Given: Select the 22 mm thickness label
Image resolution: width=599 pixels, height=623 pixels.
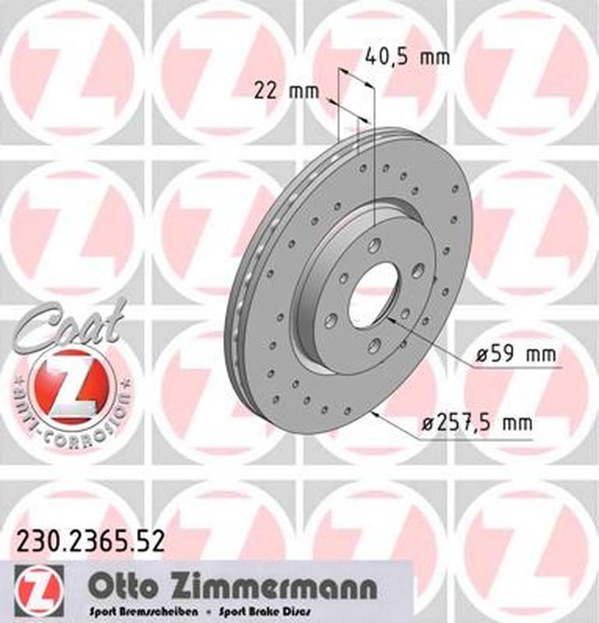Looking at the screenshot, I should tap(287, 91).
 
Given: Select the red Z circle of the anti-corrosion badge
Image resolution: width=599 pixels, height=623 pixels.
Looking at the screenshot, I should tap(75, 386).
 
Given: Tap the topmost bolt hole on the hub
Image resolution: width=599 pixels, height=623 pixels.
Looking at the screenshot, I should tap(377, 246).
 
